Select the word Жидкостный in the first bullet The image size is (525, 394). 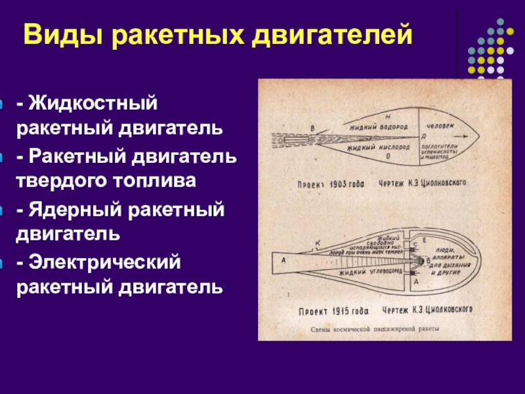[91, 104]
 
